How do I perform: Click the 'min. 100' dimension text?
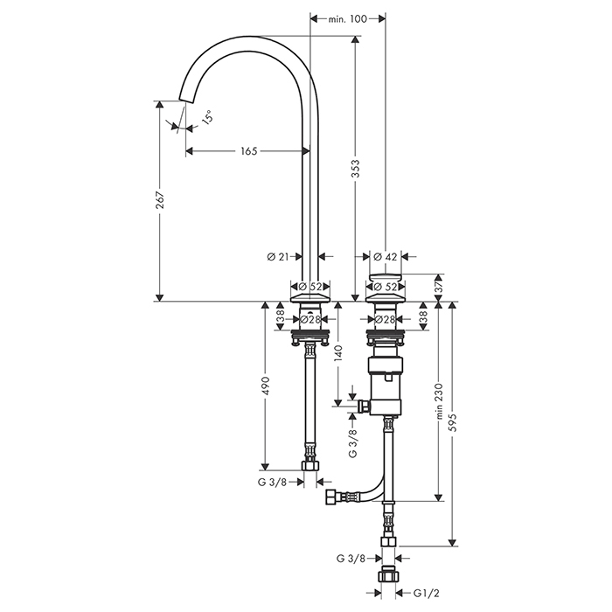click(348, 18)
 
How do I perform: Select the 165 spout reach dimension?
click(247, 151)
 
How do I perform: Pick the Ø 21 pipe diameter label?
click(277, 256)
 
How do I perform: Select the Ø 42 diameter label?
click(385, 256)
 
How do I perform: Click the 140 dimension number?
click(337, 353)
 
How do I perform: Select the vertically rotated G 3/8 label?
click(352, 444)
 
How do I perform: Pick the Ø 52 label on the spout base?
click(311, 286)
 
